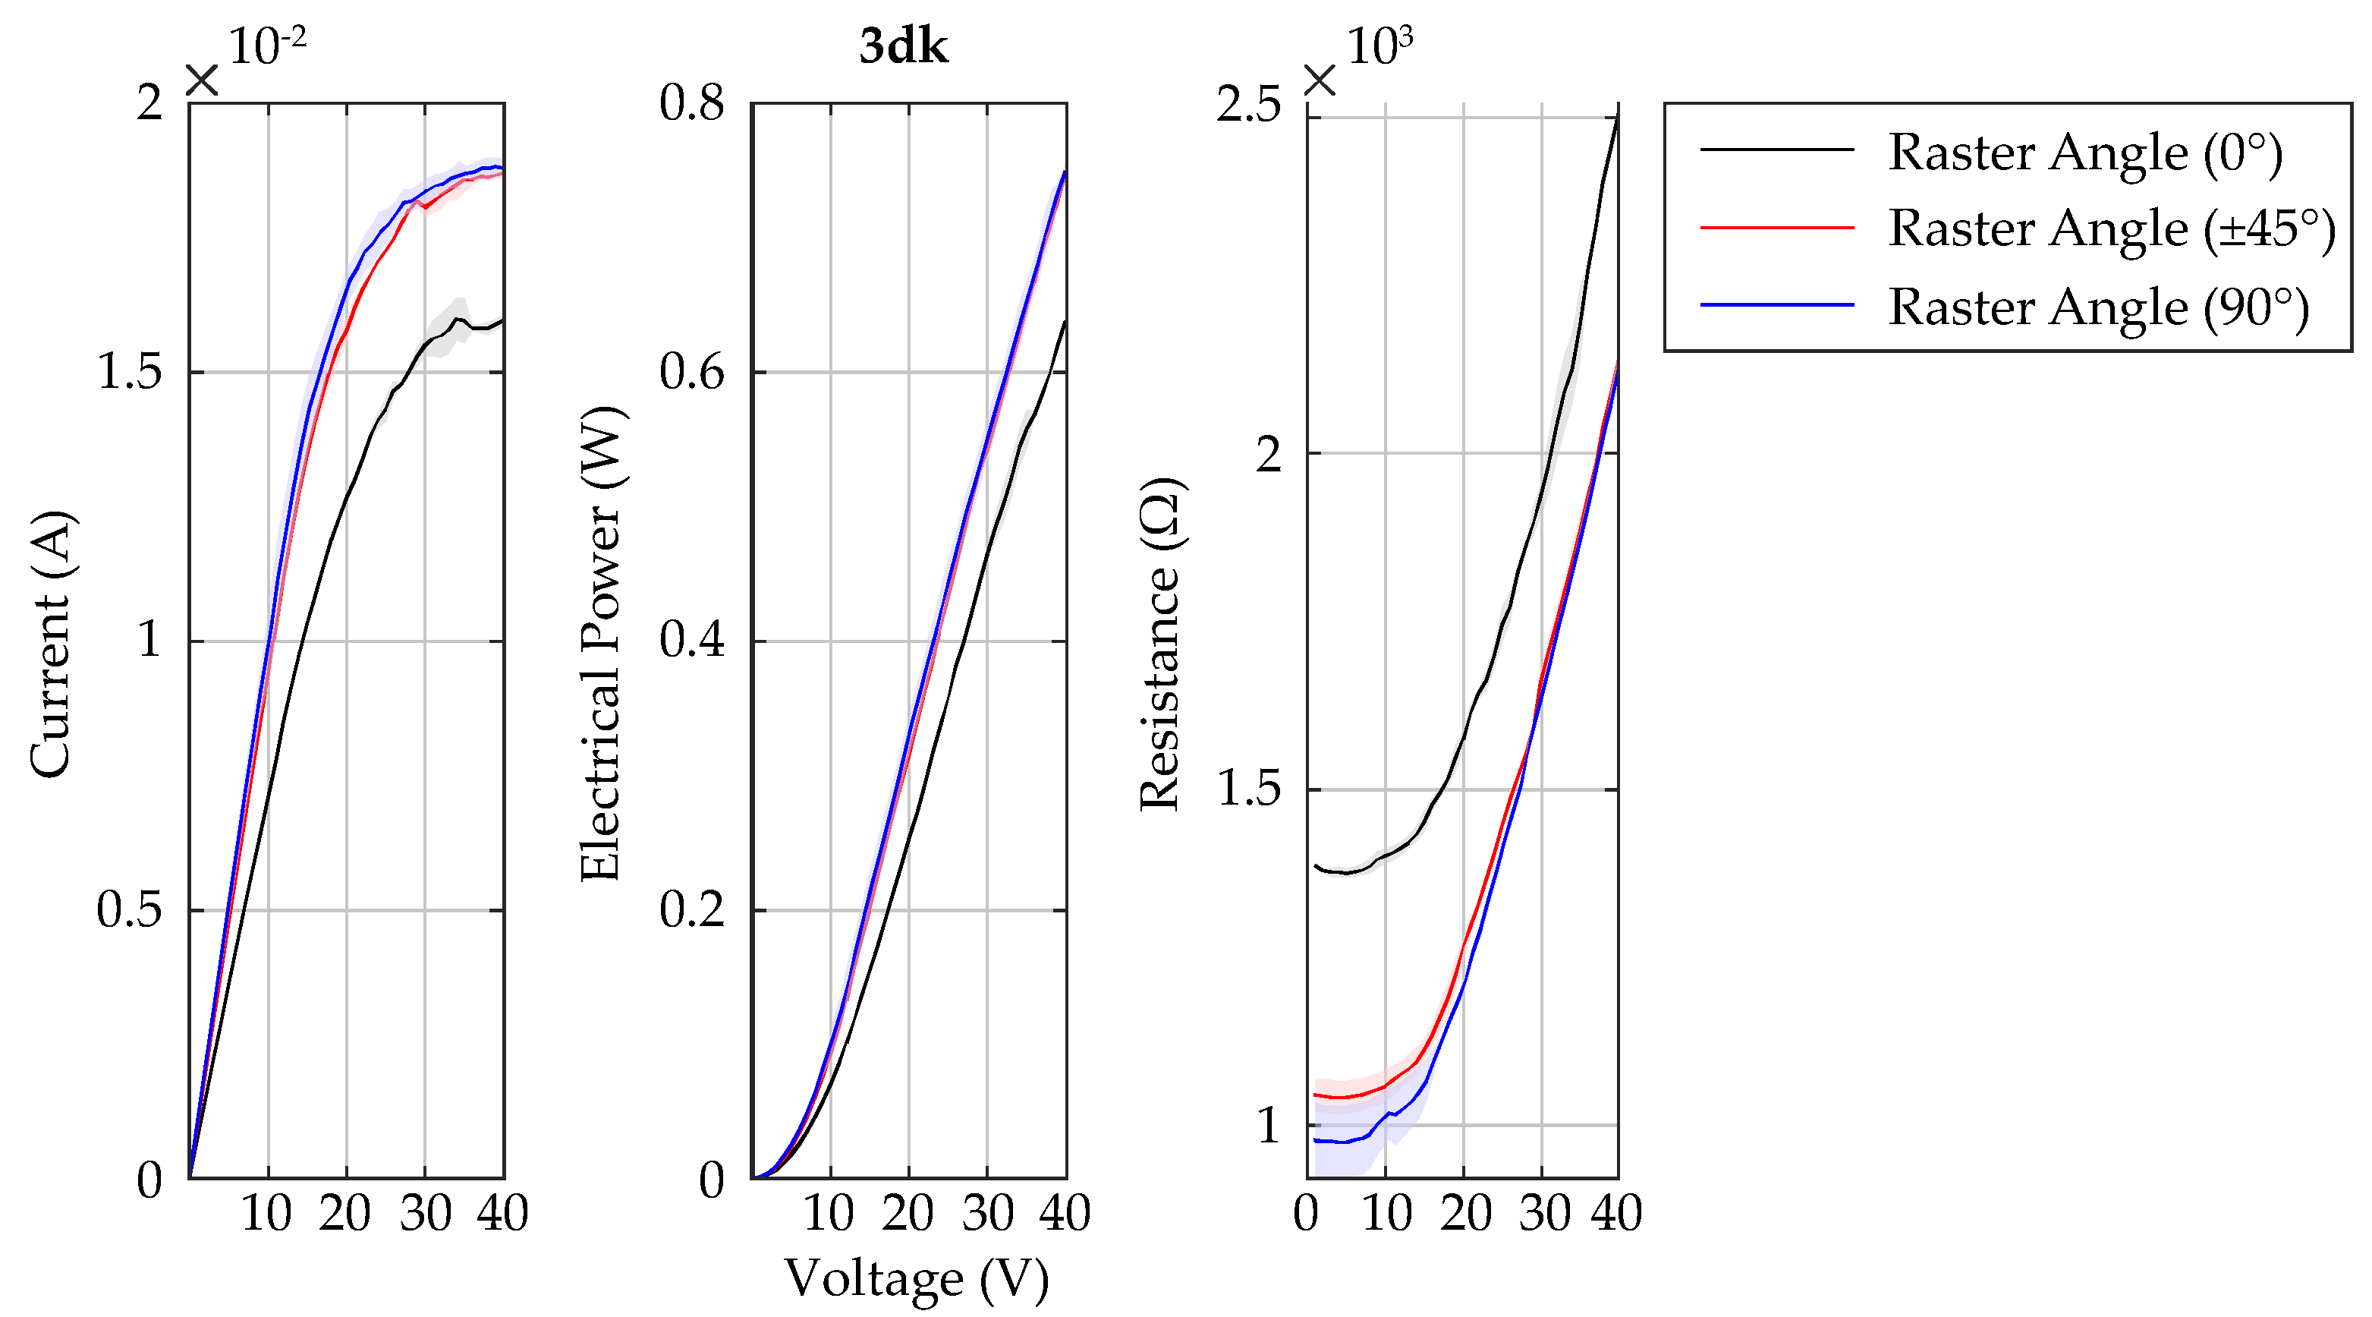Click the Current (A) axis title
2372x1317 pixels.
click(x=51, y=644)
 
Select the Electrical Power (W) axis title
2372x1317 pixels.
click(x=602, y=644)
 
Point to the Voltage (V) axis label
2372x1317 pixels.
click(x=916, y=1279)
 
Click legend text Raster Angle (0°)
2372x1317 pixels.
click(x=2084, y=152)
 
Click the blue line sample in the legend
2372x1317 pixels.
click(x=1776, y=304)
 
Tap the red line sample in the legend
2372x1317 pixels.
click(x=1776, y=226)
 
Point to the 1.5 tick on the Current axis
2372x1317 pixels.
click(x=129, y=372)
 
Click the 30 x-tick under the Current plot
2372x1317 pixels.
click(x=426, y=1213)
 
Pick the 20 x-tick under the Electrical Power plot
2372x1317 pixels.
click(x=908, y=1213)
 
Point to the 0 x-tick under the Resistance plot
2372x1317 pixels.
click(x=1306, y=1213)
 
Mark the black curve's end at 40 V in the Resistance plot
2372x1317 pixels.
click(x=1616, y=118)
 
